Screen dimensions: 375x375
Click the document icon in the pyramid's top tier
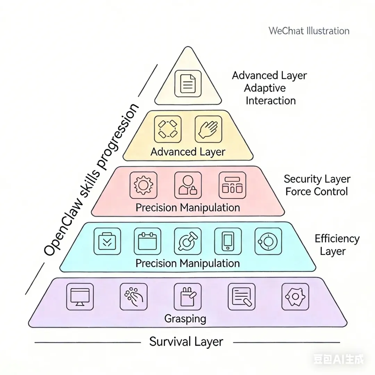click(188, 83)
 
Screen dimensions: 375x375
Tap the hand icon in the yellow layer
click(208, 129)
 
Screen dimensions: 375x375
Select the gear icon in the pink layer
click(143, 185)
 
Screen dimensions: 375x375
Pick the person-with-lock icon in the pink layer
click(188, 185)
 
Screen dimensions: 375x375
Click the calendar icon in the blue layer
click(147, 241)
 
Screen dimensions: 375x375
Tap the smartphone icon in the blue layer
click(228, 241)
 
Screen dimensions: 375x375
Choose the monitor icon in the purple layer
click(80, 297)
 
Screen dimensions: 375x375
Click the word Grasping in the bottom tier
click(185, 318)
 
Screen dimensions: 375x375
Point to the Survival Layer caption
click(186, 342)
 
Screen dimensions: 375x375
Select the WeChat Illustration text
click(309, 31)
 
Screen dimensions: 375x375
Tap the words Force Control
click(316, 191)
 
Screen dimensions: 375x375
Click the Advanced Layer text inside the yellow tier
click(188, 152)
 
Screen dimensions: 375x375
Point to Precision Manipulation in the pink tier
click(187, 208)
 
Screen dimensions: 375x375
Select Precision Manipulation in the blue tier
click(187, 263)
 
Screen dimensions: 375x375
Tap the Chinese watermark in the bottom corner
click(338, 359)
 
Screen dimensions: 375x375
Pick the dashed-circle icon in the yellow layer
click(167, 129)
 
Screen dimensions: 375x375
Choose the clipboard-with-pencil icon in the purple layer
click(187, 297)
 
